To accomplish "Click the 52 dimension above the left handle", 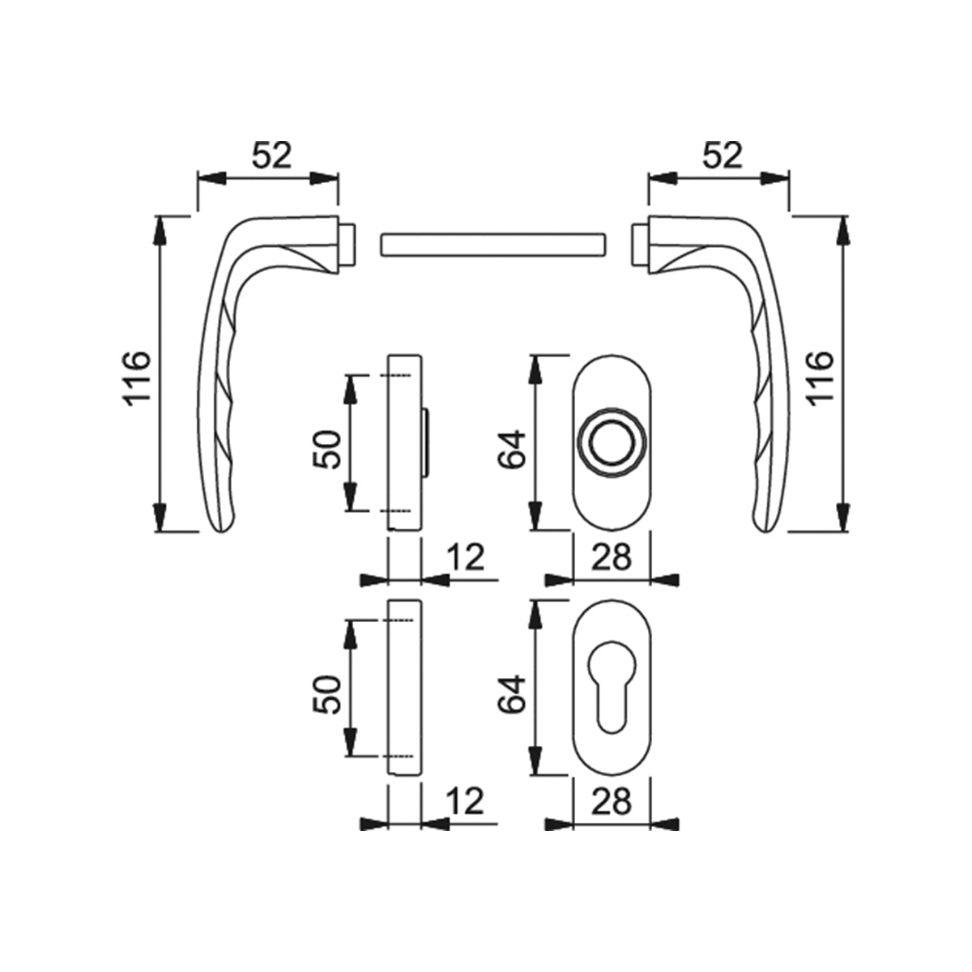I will [x=271, y=155].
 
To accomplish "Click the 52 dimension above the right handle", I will [x=721, y=155].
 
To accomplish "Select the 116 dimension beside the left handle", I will [x=135, y=377].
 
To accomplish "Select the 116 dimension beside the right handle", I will [x=818, y=377].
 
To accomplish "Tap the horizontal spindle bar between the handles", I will [x=492, y=244].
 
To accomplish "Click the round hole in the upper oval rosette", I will [x=612, y=443].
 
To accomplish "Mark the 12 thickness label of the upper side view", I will [x=464, y=557].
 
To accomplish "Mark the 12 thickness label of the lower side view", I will [x=464, y=802].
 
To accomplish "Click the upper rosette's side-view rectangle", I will [x=405, y=441].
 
